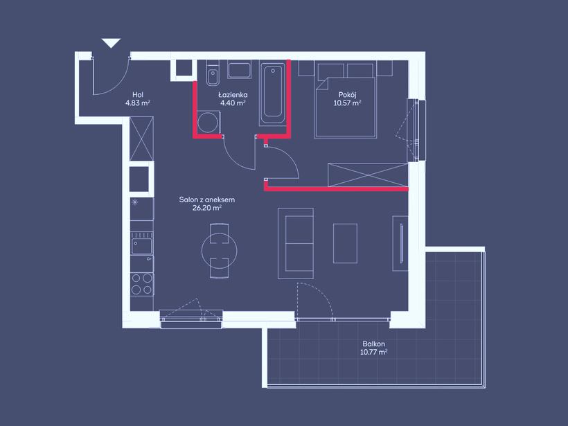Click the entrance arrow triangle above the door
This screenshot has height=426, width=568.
click(111, 42)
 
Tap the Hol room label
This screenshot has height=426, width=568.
click(138, 95)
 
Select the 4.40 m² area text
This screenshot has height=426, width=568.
click(233, 103)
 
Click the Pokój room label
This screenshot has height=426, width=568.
click(348, 95)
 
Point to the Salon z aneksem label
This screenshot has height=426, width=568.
click(207, 199)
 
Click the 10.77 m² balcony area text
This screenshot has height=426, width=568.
click(374, 352)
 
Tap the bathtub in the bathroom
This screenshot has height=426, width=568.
click(273, 93)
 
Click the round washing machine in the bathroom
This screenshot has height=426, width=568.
click(208, 123)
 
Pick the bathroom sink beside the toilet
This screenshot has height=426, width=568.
click(239, 69)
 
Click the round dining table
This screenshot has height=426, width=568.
click(219, 250)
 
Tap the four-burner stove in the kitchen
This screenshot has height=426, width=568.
click(141, 284)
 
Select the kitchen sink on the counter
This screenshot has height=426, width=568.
click(141, 246)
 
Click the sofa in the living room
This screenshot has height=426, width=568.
click(296, 243)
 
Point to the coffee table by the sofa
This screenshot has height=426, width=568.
click(345, 243)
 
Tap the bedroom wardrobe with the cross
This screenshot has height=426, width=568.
click(368, 175)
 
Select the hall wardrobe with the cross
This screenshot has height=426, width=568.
click(141, 139)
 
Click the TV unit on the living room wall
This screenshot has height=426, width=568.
click(400, 243)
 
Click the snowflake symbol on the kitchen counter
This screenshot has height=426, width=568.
click(135, 202)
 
